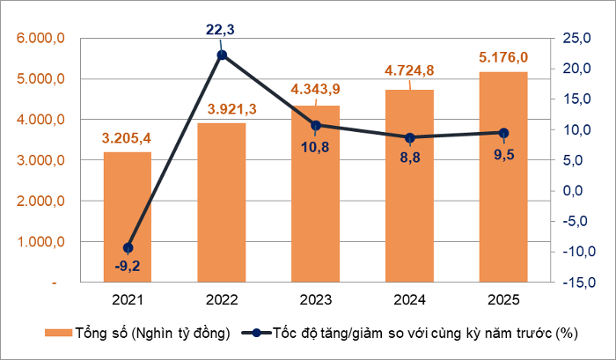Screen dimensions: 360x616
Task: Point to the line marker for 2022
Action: pyautogui.click(x=222, y=55)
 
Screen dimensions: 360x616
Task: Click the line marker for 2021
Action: pyautogui.click(x=128, y=247)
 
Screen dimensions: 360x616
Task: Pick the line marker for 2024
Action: pyautogui.click(x=410, y=137)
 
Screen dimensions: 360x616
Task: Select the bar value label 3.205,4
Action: pyautogui.click(x=127, y=138)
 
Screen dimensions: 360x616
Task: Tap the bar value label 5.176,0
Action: pyautogui.click(x=503, y=58)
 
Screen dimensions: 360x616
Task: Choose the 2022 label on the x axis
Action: pyautogui.click(x=222, y=300)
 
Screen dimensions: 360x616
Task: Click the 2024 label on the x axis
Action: pyautogui.click(x=410, y=300)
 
